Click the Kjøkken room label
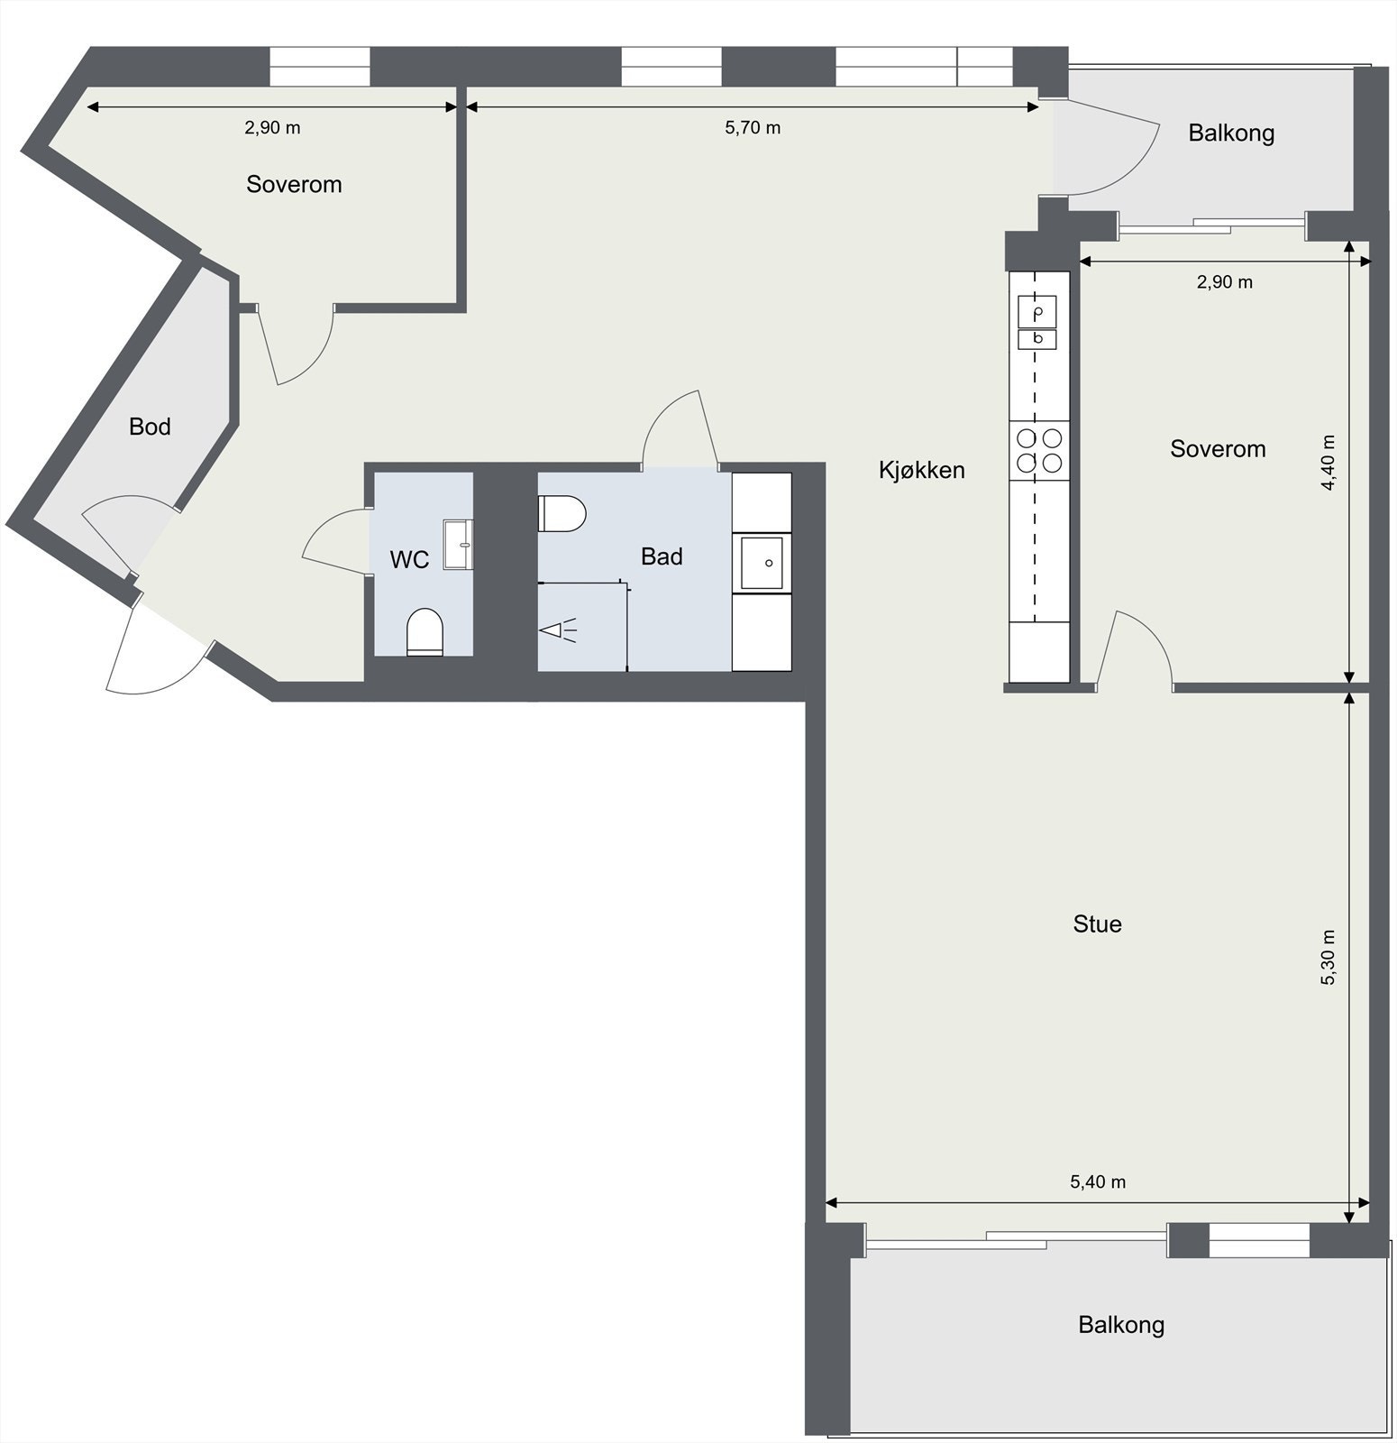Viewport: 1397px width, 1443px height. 921,470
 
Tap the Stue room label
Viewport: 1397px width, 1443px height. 1097,924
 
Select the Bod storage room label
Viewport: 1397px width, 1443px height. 150,427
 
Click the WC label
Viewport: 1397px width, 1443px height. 409,560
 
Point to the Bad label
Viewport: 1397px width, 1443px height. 662,556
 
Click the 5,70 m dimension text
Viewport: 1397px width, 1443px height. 753,128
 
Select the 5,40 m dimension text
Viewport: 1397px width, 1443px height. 1098,1181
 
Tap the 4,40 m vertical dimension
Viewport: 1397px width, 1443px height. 1328,463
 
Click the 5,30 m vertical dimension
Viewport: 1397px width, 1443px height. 1328,957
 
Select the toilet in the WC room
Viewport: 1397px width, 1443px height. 425,631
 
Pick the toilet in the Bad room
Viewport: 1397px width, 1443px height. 562,514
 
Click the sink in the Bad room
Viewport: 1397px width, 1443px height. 762,562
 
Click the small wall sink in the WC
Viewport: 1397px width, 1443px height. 459,544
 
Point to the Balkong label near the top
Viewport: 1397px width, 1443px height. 1230,133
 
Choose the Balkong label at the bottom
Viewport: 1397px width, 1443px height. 1121,1325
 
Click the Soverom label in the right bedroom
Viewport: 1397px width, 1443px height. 1218,449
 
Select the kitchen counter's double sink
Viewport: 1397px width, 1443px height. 1037,323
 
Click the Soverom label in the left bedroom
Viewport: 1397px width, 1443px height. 294,185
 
